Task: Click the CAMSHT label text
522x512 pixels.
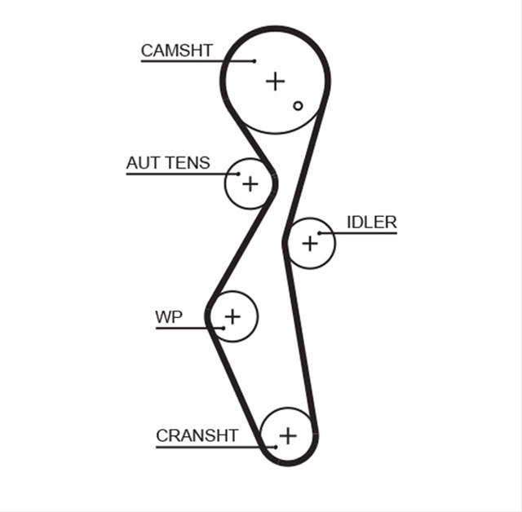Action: pyautogui.click(x=177, y=51)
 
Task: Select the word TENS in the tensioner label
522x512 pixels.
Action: pyautogui.click(x=188, y=163)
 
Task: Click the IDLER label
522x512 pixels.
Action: pyautogui.click(x=372, y=223)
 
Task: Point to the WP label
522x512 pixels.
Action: pyautogui.click(x=169, y=317)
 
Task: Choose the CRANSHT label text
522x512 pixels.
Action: pyautogui.click(x=197, y=435)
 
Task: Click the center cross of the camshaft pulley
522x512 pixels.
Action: pyautogui.click(x=276, y=82)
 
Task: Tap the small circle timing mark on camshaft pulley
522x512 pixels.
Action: pyautogui.click(x=298, y=106)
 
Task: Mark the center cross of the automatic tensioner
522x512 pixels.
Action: pyautogui.click(x=250, y=184)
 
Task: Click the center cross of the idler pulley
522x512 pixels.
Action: pyautogui.click(x=310, y=244)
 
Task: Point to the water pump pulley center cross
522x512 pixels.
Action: pyautogui.click(x=232, y=316)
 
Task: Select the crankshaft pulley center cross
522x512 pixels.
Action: pyautogui.click(x=288, y=435)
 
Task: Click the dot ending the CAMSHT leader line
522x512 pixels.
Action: pyautogui.click(x=254, y=61)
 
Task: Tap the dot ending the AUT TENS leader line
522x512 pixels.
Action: pyautogui.click(x=238, y=174)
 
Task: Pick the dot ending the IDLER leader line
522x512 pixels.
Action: pyautogui.click(x=319, y=233)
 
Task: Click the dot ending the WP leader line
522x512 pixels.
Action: pyautogui.click(x=223, y=329)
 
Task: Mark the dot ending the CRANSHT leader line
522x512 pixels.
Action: pyautogui.click(x=276, y=447)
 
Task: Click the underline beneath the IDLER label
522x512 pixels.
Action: pyautogui.click(x=358, y=233)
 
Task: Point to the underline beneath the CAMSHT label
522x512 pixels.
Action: pyautogui.click(x=197, y=61)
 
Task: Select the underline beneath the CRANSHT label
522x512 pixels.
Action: pyautogui.click(x=215, y=447)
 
